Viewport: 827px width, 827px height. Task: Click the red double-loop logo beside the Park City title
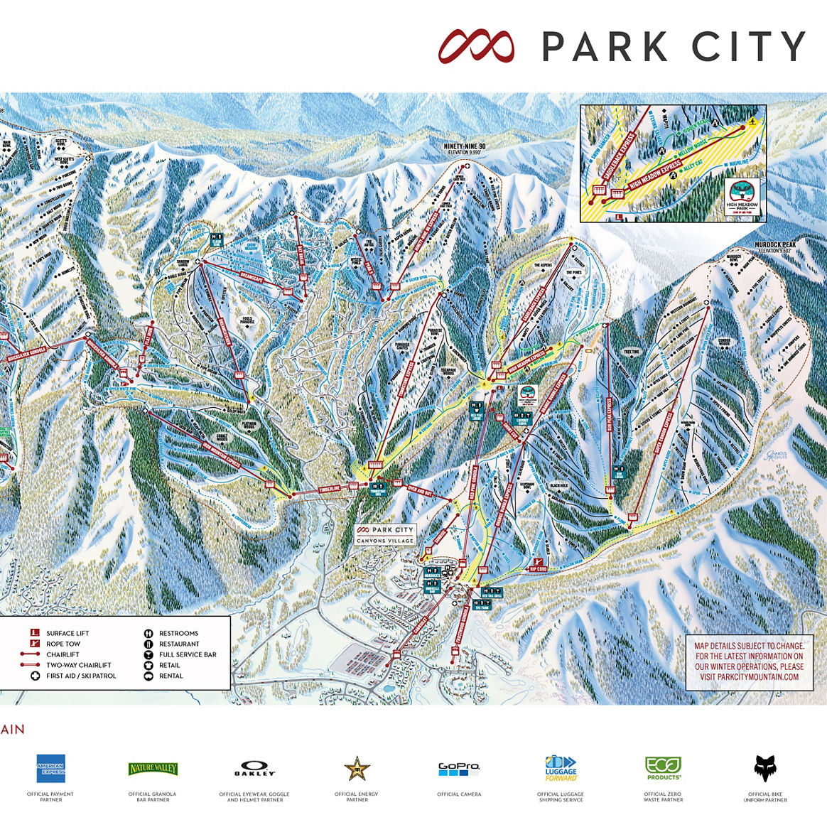(x=476, y=47)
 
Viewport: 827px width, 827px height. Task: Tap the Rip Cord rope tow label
(x=539, y=568)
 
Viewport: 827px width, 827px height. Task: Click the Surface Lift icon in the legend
(x=33, y=633)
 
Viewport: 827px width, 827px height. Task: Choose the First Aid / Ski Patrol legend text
(x=81, y=676)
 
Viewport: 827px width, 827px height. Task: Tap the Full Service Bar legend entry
(x=188, y=654)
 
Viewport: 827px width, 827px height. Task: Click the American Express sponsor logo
(x=50, y=769)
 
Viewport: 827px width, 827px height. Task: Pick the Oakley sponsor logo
(x=254, y=770)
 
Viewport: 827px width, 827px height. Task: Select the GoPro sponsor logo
(x=459, y=769)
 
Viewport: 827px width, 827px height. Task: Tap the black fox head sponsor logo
(x=765, y=769)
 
